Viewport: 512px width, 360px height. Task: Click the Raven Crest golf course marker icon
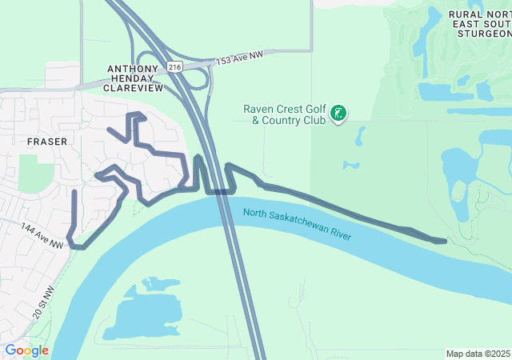338,114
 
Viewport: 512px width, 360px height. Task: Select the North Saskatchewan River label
298,224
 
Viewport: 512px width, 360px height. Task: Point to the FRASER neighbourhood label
47,141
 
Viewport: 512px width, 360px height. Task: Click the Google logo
26,350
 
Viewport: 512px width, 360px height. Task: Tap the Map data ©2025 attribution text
478,354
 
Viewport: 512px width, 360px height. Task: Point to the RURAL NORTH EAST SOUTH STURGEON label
480,24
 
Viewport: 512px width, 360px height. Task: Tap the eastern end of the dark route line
444,240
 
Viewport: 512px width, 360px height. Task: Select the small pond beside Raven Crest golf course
350,166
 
